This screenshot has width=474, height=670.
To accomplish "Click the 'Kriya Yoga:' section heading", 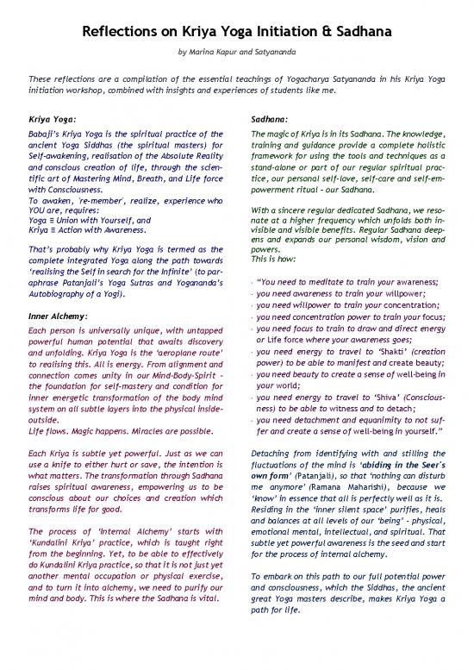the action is coord(53,121).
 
